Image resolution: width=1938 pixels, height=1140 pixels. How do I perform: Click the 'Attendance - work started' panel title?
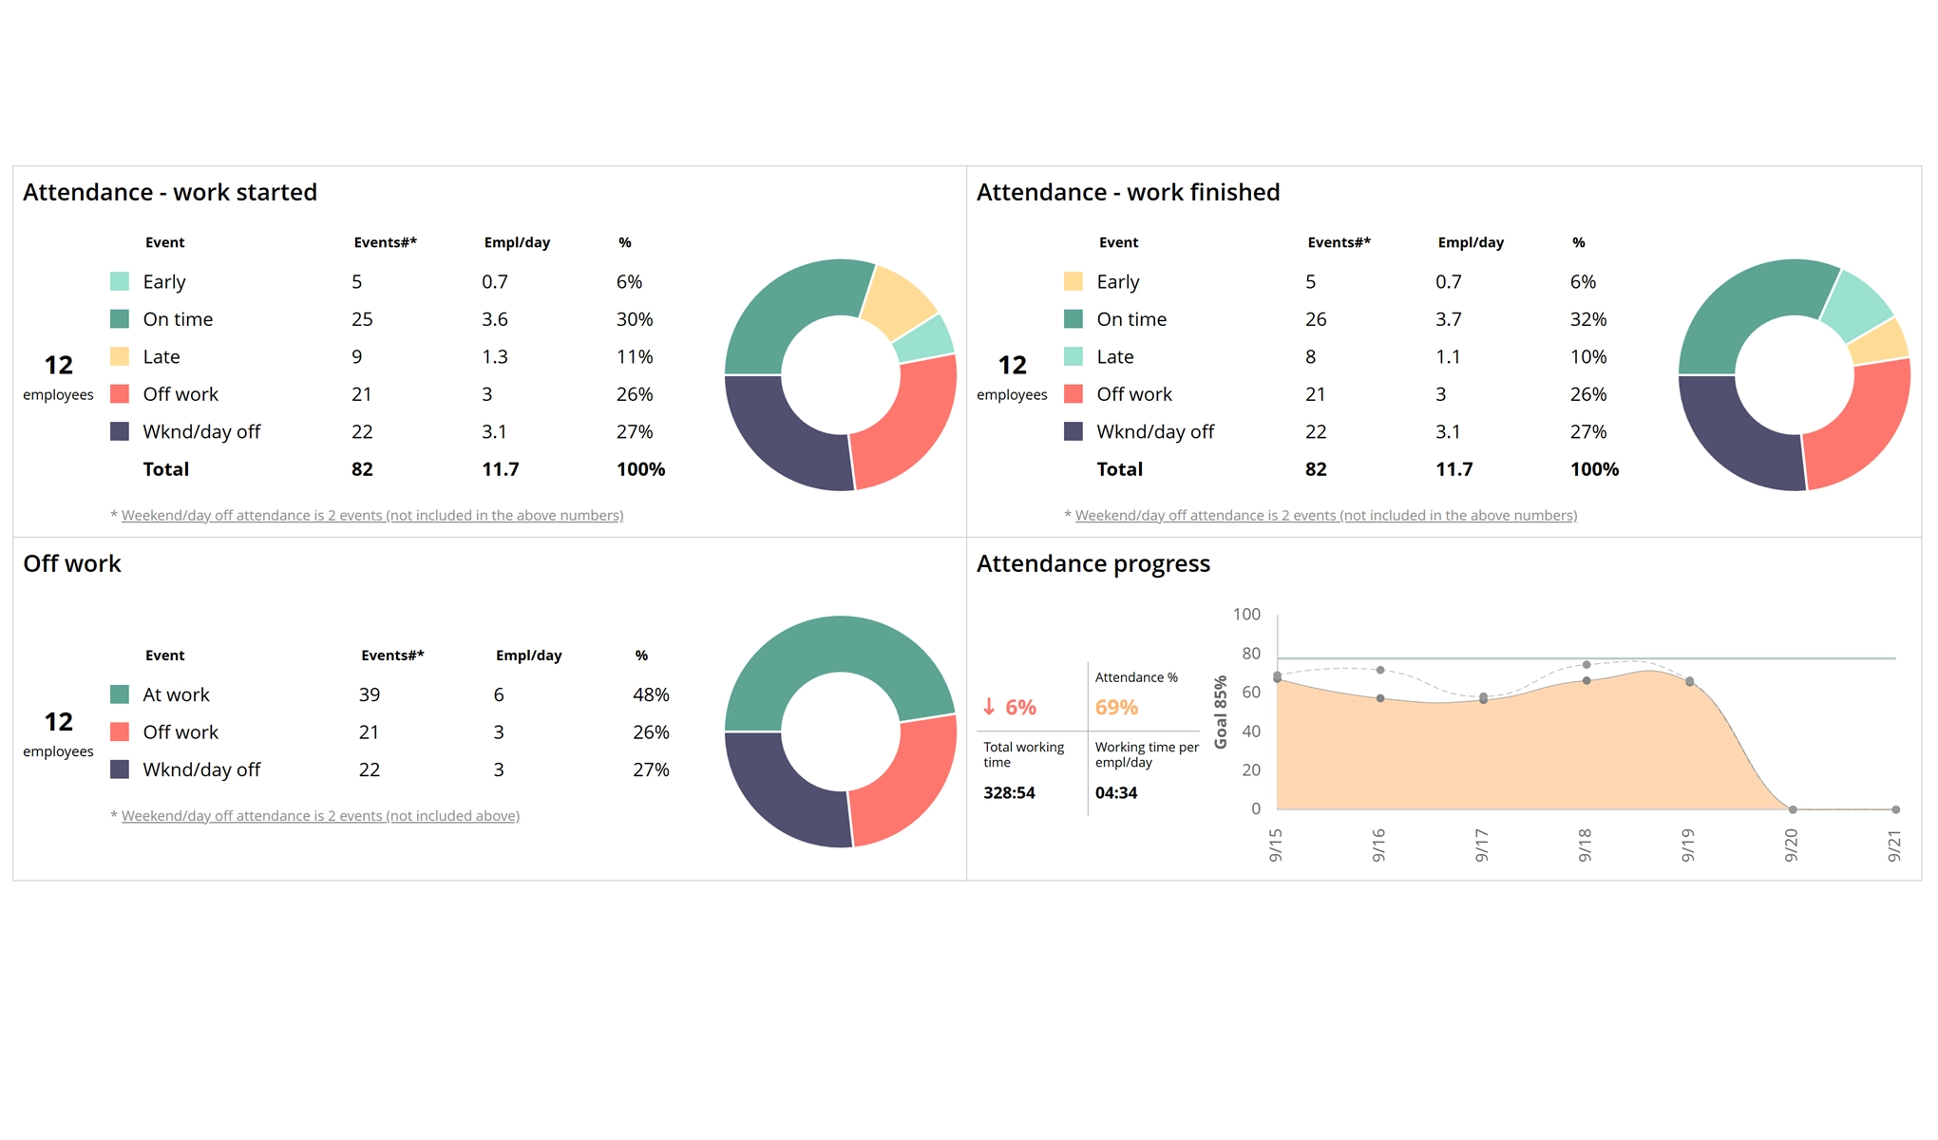click(170, 192)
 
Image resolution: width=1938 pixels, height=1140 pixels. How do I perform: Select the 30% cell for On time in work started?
click(634, 319)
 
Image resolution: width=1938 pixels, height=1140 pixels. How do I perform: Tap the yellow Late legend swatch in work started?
click(120, 356)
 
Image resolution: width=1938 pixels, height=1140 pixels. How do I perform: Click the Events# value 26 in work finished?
click(1315, 319)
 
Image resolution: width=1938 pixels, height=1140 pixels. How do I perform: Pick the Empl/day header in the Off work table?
click(528, 655)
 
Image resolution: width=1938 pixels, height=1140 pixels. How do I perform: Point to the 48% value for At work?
click(651, 694)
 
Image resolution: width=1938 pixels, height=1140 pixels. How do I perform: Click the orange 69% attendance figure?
click(1116, 707)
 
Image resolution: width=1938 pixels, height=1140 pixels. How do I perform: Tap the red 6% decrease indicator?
click(1009, 707)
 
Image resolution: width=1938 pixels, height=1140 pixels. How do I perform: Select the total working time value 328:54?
click(1009, 792)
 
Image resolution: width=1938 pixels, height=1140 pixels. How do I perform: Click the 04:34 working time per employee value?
click(1116, 792)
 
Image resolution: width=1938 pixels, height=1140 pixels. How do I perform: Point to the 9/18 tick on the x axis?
click(1585, 845)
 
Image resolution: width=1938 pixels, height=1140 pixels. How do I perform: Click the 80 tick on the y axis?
click(1250, 654)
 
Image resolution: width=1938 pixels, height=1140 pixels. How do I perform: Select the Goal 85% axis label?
click(1221, 712)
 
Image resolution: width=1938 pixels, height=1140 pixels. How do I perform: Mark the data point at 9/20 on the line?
click(1793, 809)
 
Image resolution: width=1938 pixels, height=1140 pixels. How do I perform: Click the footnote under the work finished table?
click(1325, 515)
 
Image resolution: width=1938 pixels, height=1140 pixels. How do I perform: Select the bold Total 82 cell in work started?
click(362, 469)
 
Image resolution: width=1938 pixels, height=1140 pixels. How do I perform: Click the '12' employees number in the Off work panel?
click(58, 722)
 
